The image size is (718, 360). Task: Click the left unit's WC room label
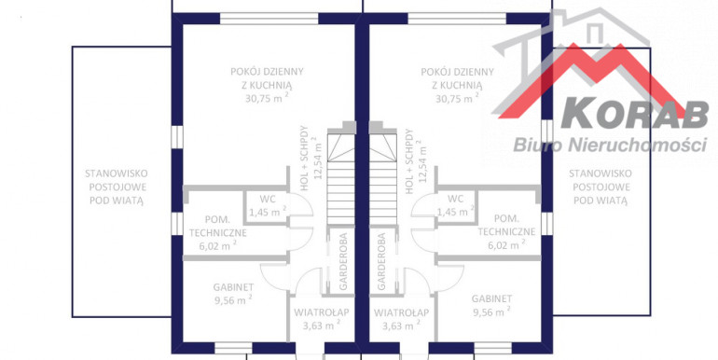[x=267, y=200]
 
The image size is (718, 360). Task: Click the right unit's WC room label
[x=455, y=200]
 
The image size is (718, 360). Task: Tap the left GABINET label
[x=233, y=287]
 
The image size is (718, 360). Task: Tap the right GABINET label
[x=491, y=298]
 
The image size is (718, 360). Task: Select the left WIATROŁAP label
[x=322, y=312]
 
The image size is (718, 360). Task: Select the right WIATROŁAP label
[x=402, y=312]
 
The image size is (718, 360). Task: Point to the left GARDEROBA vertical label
[x=343, y=261]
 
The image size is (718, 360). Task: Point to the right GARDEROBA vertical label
[x=381, y=261]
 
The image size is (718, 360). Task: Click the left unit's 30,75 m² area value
[x=267, y=98]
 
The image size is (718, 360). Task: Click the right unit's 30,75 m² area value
[x=457, y=98]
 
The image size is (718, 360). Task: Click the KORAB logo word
[x=635, y=113]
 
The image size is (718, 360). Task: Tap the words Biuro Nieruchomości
[x=610, y=144]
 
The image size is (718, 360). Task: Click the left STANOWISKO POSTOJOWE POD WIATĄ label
[x=117, y=187]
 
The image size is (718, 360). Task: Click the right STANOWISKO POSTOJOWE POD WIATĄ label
[x=601, y=187]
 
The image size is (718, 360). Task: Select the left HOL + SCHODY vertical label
[x=309, y=158]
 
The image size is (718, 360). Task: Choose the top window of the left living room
[x=269, y=19]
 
